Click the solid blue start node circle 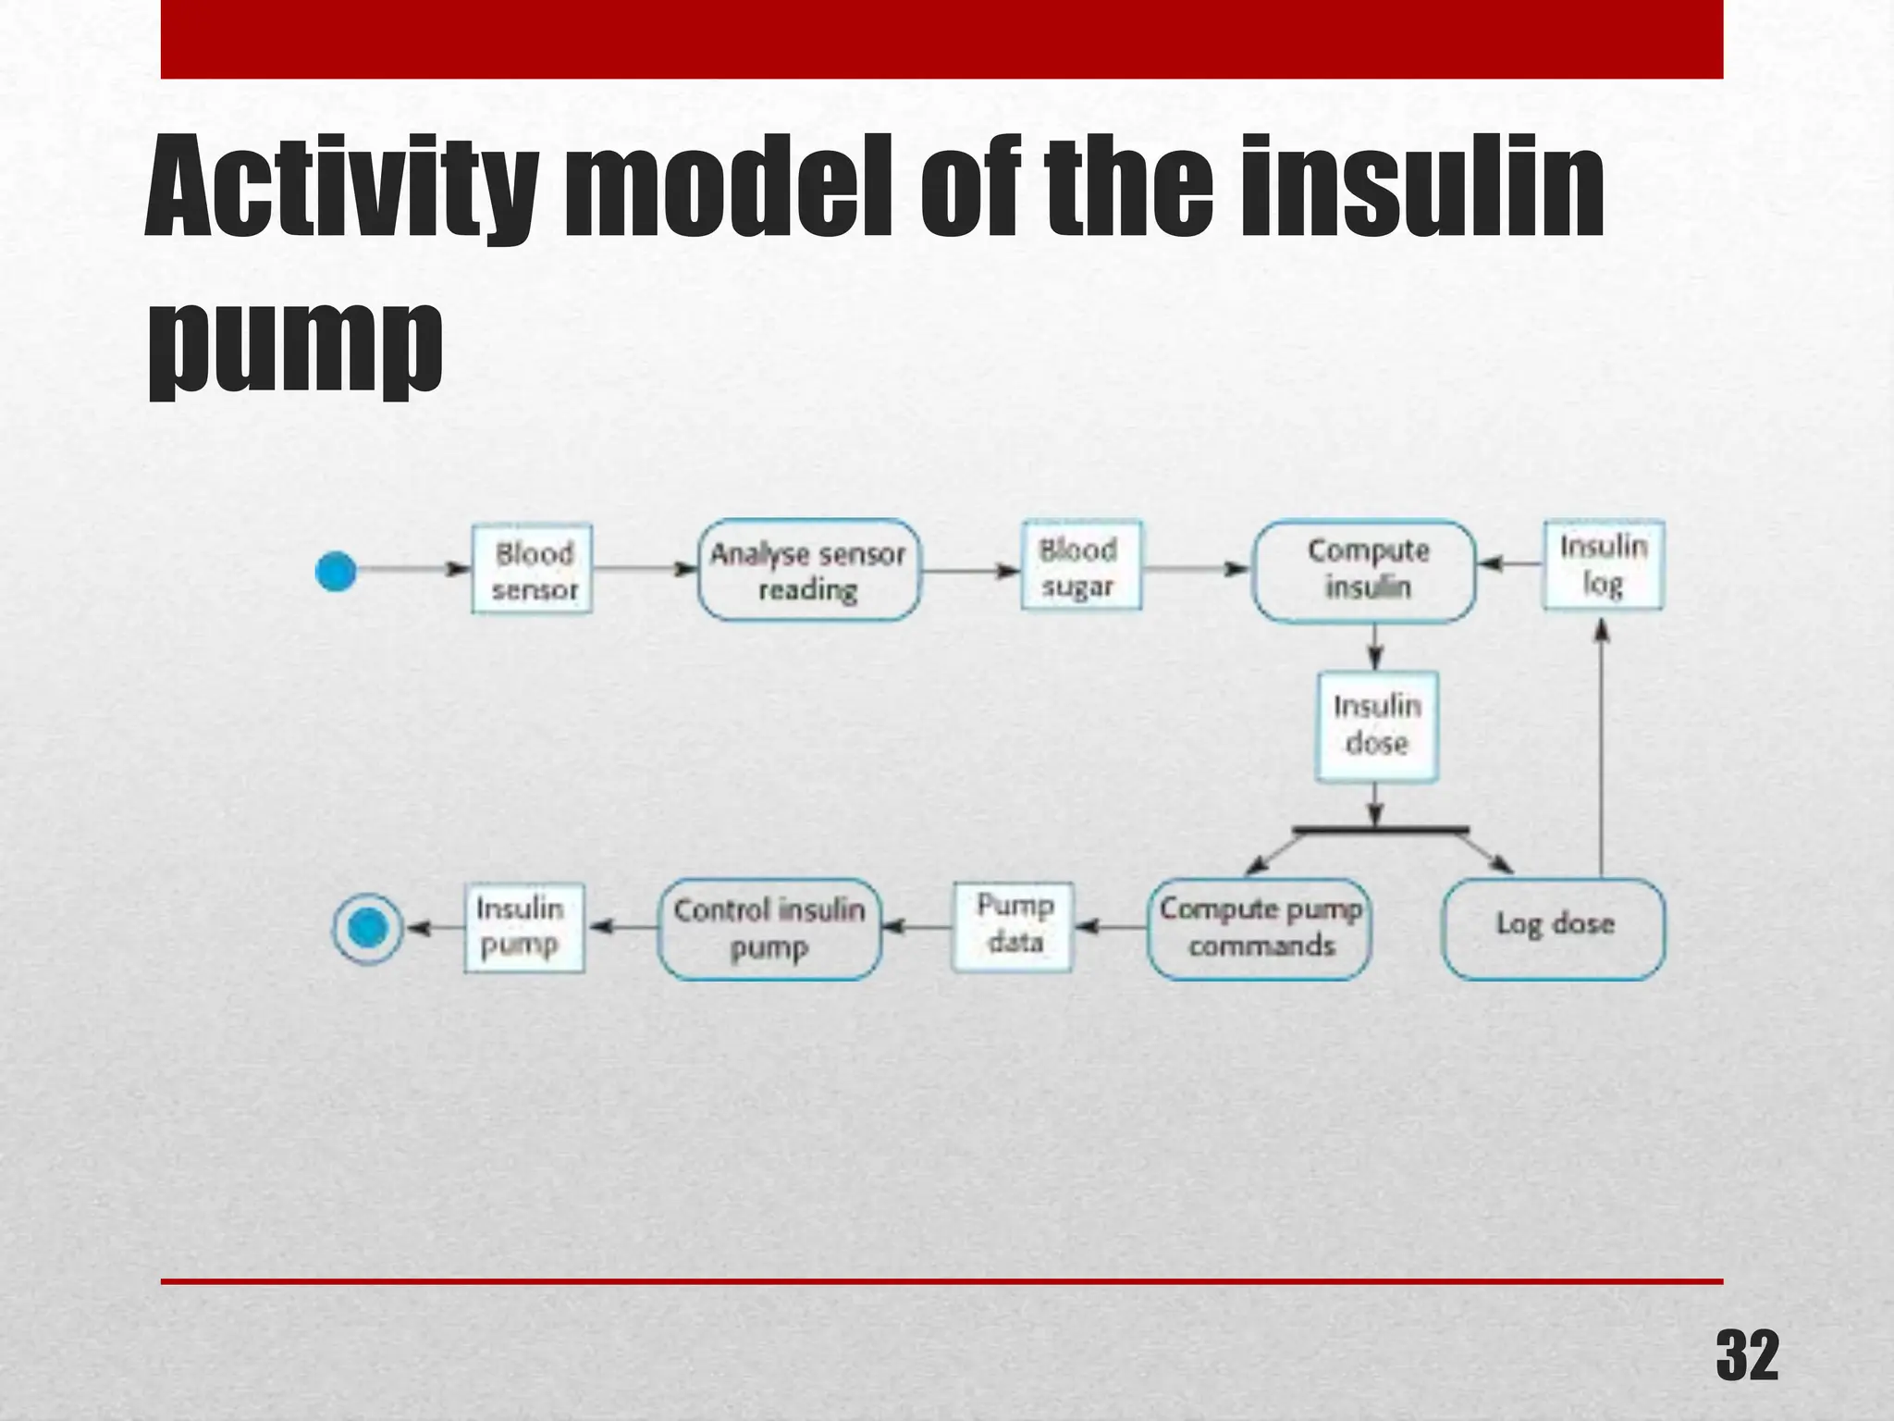[336, 571]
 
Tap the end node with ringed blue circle [368, 928]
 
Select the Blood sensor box [533, 570]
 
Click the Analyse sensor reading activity [808, 570]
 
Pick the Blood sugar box [1080, 566]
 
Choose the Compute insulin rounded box [1365, 570]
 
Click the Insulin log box [1603, 565]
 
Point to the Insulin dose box [1376, 726]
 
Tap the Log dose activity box [1554, 928]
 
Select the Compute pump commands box [1260, 928]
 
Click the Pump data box [1013, 926]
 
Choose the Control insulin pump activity [769, 928]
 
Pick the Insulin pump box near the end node [523, 927]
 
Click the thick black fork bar [1380, 830]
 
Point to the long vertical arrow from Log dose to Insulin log [1602, 749]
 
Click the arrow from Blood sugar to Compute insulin [1195, 569]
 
